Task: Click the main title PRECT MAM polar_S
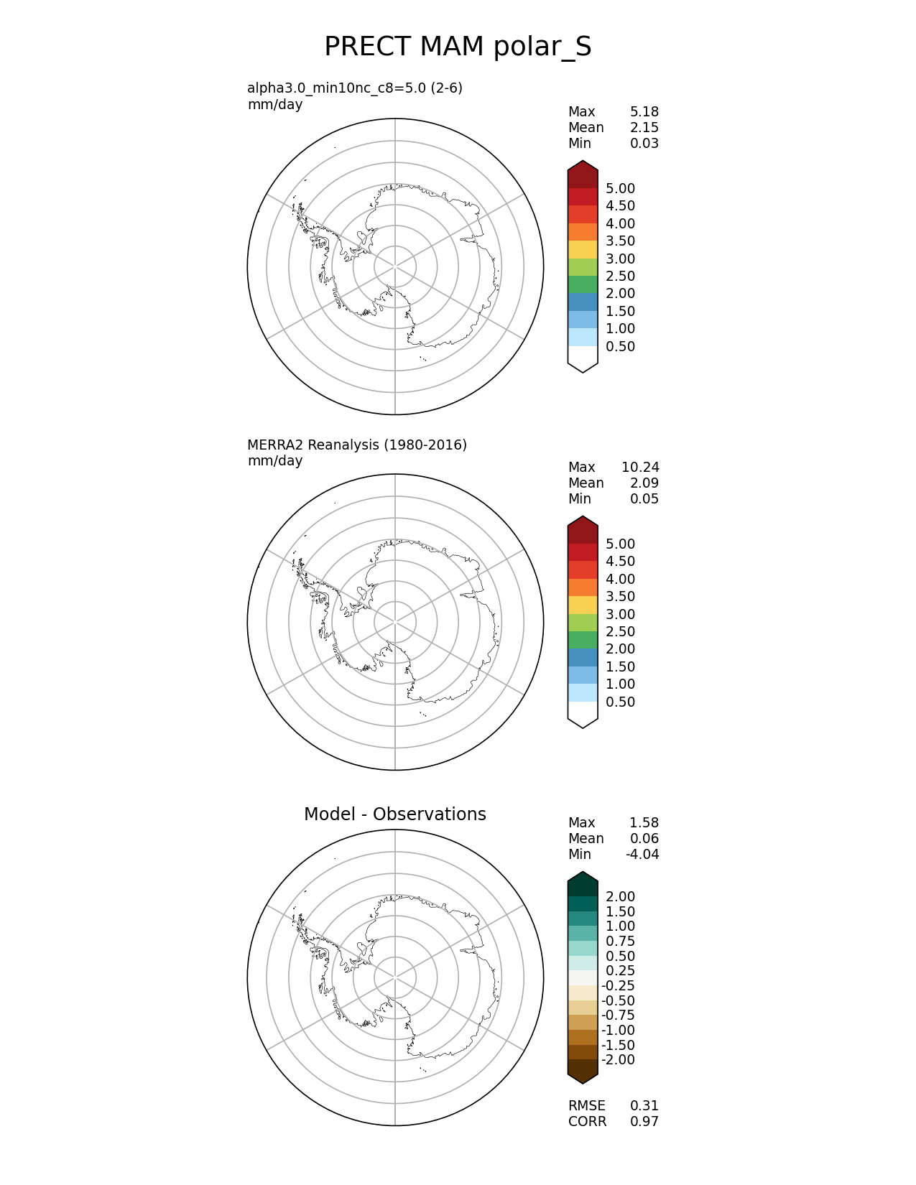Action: pos(458,47)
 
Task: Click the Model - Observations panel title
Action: pos(394,814)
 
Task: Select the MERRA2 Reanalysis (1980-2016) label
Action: pos(357,445)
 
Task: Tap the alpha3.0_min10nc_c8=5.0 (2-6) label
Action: pos(355,88)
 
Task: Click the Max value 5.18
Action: pos(644,112)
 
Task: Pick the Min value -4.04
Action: pos(642,855)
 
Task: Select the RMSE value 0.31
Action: pos(644,1106)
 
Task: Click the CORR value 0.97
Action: pos(644,1122)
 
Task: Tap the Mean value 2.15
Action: pos(644,128)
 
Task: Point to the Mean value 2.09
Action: pos(644,483)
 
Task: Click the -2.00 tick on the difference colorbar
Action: pos(618,1060)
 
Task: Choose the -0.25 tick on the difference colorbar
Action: pos(618,986)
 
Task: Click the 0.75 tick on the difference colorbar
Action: pos(620,942)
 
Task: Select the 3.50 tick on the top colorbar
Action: pos(620,241)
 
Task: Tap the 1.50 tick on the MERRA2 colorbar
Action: pos(620,667)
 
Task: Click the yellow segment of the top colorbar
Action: pos(583,250)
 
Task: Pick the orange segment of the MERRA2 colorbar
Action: pos(583,587)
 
